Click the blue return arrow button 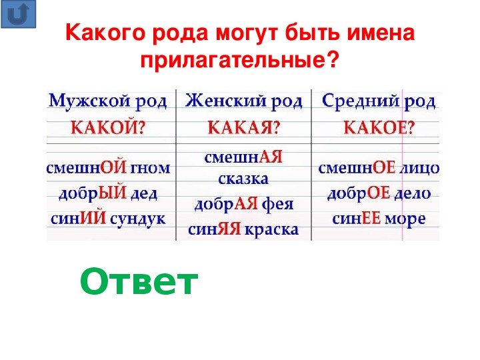(19, 14)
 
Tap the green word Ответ (139, 281)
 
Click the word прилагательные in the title (240, 60)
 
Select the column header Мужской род (108, 101)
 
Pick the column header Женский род (244, 101)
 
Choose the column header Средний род (379, 101)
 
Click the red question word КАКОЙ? (108, 127)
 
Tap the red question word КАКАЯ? (244, 127)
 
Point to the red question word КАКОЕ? (379, 127)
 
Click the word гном (150, 169)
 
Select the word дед (144, 193)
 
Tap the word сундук (137, 219)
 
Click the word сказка (243, 179)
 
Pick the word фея (277, 205)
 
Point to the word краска (272, 230)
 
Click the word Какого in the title (105, 33)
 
